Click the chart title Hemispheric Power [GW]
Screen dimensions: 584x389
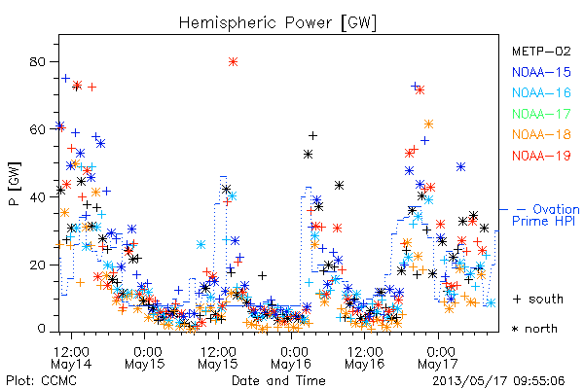(277, 23)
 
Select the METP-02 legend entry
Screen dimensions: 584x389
(541, 51)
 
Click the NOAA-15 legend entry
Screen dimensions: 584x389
(541, 72)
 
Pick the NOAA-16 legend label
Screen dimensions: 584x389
(541, 92)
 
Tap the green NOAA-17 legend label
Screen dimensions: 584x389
(541, 114)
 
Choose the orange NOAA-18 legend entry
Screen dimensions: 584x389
(541, 134)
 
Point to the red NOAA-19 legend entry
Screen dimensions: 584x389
(541, 156)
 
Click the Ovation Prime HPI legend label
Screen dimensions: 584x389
(545, 215)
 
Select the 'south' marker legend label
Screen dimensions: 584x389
(538, 299)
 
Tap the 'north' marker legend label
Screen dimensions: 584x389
(534, 329)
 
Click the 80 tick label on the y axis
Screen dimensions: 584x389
(39, 62)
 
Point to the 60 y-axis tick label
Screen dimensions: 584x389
(39, 129)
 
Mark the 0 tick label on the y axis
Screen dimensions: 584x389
(42, 329)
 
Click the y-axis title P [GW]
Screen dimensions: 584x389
(15, 184)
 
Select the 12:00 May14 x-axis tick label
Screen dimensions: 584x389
(71, 358)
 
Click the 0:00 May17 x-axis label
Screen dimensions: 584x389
(438, 358)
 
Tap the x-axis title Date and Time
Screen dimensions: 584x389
(278, 381)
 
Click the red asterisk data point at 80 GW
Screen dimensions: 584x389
(234, 62)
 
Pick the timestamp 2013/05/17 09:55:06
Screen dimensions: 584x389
(498, 381)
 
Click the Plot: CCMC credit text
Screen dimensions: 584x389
(42, 381)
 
